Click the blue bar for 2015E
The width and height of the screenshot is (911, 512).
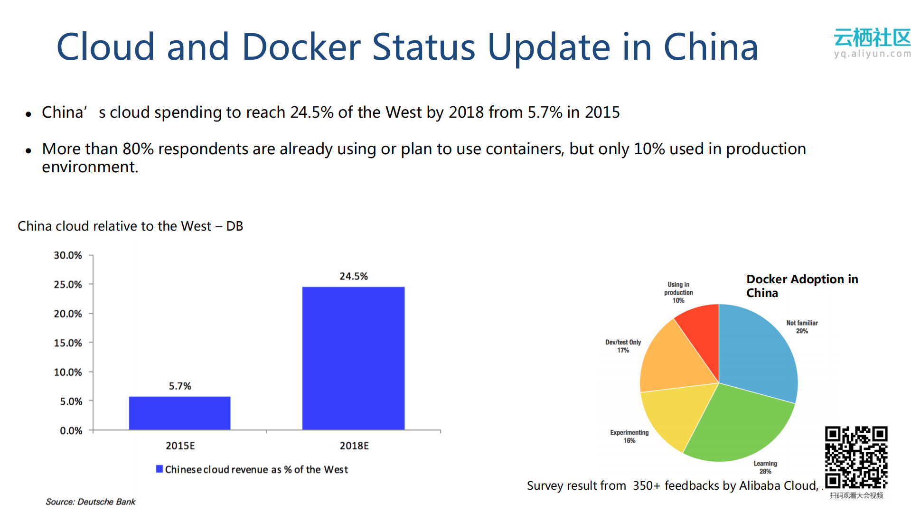point(179,413)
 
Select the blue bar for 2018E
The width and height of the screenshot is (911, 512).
point(353,358)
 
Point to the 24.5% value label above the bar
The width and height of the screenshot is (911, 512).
point(353,276)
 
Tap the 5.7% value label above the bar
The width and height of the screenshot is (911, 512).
point(180,386)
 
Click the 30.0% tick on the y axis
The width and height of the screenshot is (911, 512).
point(68,255)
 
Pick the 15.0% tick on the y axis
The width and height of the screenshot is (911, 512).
point(68,343)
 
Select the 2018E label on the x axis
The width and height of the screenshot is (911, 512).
point(354,446)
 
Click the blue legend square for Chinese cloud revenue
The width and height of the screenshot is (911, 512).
point(160,469)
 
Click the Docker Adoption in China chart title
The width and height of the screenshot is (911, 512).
point(802,286)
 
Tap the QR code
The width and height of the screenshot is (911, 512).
point(856,457)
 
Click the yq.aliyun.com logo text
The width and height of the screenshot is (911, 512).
point(872,54)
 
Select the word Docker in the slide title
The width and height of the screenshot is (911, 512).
point(301,47)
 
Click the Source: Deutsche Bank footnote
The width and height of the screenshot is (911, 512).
point(90,502)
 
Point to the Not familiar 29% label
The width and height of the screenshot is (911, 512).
point(802,327)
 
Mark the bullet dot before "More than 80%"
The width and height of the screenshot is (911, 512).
point(28,151)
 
